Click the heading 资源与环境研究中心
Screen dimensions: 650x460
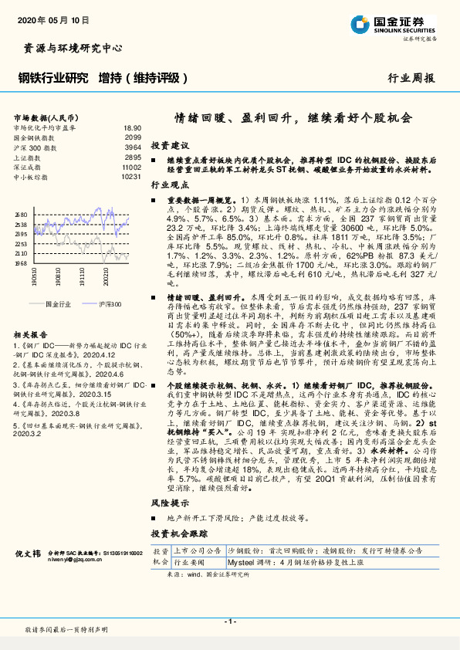(68, 48)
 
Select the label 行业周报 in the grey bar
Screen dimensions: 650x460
(411, 78)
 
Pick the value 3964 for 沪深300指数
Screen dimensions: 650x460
(133, 147)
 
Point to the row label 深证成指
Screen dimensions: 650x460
(29, 166)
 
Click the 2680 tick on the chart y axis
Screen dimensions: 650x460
(21, 215)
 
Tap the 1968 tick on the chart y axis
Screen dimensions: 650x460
(21, 262)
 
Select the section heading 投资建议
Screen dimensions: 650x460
(170, 145)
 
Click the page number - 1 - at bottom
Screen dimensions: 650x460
(229, 621)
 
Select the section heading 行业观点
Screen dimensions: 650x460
(170, 186)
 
